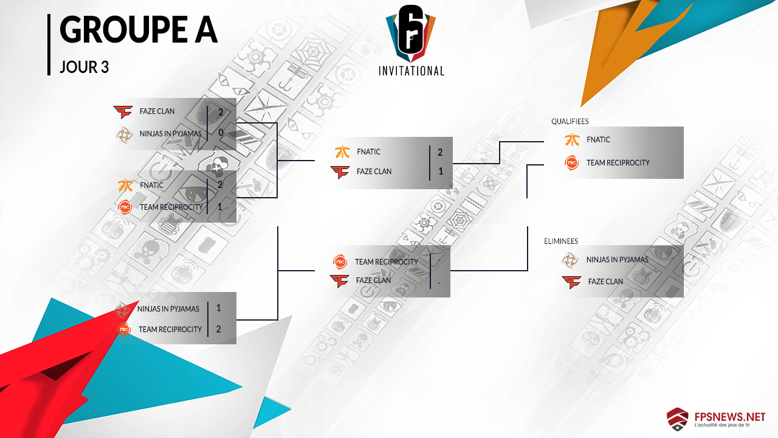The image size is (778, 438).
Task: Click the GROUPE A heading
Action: (x=138, y=30)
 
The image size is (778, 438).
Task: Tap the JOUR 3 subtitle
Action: (x=84, y=67)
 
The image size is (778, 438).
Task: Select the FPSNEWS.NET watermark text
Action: (x=729, y=417)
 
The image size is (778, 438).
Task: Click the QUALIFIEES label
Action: (x=570, y=121)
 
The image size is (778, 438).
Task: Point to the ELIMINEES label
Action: (x=561, y=241)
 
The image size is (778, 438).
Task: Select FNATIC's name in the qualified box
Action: (x=599, y=139)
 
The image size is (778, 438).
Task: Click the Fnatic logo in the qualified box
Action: (x=571, y=139)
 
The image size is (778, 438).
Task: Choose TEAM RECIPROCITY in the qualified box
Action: (x=618, y=162)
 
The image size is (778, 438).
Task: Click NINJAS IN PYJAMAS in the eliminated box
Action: (x=618, y=259)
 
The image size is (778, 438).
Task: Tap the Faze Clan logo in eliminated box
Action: (x=571, y=282)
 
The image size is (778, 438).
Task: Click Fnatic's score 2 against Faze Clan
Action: (x=441, y=151)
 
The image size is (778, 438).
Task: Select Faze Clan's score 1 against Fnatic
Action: (x=441, y=171)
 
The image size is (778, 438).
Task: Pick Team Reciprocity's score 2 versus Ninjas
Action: (x=219, y=329)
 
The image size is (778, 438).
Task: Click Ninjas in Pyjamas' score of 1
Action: (x=219, y=308)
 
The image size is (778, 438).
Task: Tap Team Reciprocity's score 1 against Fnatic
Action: (x=219, y=207)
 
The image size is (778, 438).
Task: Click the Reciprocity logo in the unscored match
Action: (x=340, y=262)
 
